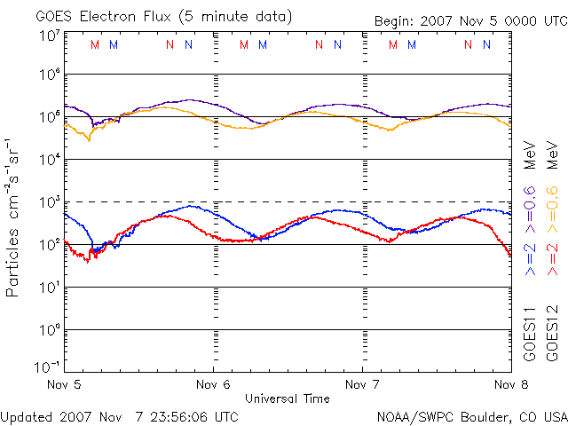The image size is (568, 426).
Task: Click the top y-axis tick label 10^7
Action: point(49,36)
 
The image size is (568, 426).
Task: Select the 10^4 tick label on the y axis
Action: point(49,160)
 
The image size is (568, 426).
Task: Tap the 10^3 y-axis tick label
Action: point(49,202)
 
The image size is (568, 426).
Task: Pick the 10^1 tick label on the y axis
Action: point(49,288)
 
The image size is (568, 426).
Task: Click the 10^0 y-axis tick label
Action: point(49,330)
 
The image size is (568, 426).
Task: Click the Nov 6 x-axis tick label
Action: point(214,385)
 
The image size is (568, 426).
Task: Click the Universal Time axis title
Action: point(288,398)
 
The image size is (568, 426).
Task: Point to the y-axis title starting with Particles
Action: point(14,217)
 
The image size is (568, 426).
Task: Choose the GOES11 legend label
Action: point(530,333)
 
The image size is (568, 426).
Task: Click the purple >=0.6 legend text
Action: point(530,205)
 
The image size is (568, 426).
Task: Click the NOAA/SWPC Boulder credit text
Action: point(470,415)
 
